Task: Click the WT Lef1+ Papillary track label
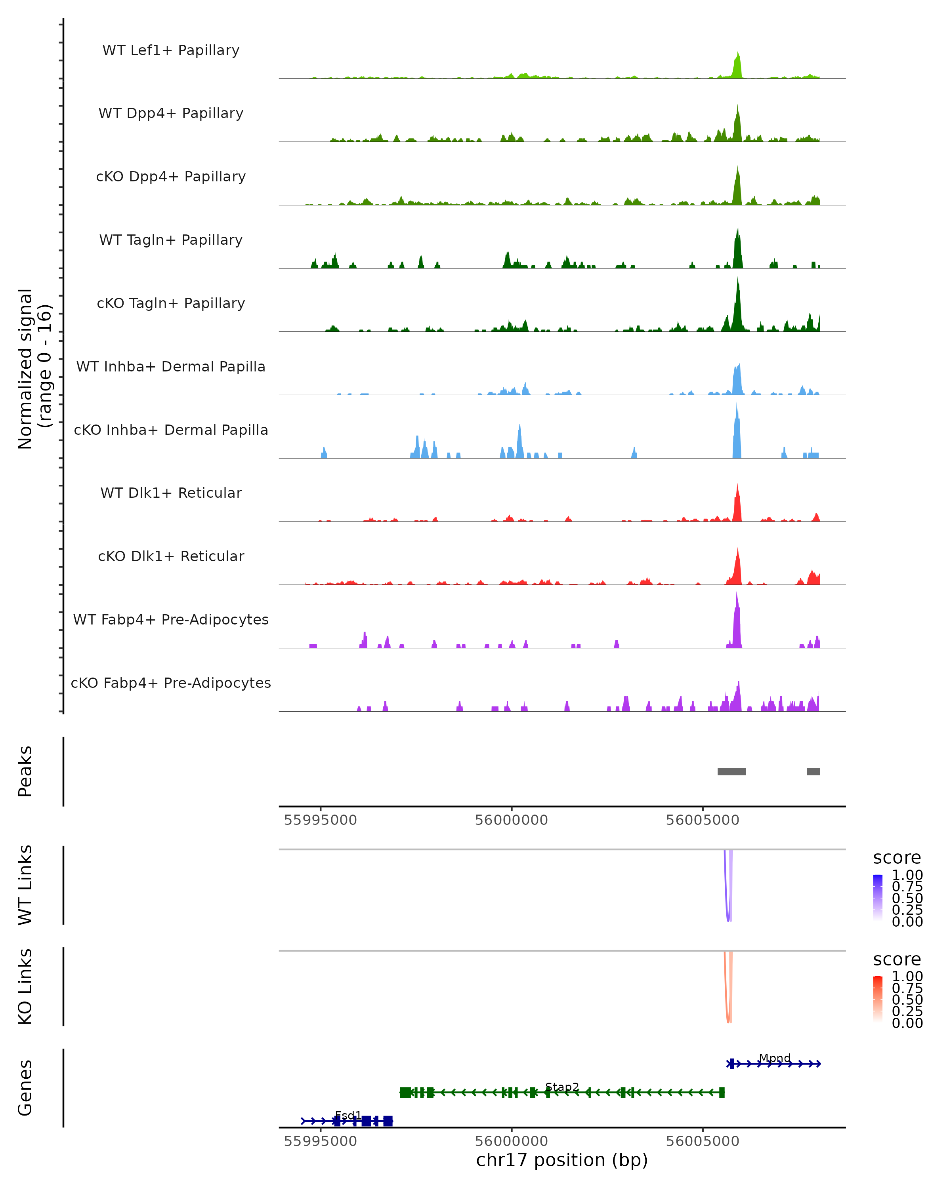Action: click(x=171, y=50)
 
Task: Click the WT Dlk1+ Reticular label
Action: click(x=171, y=493)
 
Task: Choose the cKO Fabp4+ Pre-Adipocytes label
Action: click(x=171, y=683)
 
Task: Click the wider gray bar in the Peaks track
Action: click(x=731, y=771)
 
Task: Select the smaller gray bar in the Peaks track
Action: click(x=813, y=771)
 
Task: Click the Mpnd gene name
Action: click(x=775, y=1058)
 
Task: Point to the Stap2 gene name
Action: click(x=562, y=1087)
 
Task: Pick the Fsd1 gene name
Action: click(x=348, y=1115)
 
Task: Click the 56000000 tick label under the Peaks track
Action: click(x=512, y=820)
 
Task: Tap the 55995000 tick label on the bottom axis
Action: click(x=320, y=1141)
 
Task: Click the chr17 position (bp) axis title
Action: click(x=562, y=1160)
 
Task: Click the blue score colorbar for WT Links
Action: click(x=878, y=898)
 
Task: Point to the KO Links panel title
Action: click(x=25, y=986)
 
